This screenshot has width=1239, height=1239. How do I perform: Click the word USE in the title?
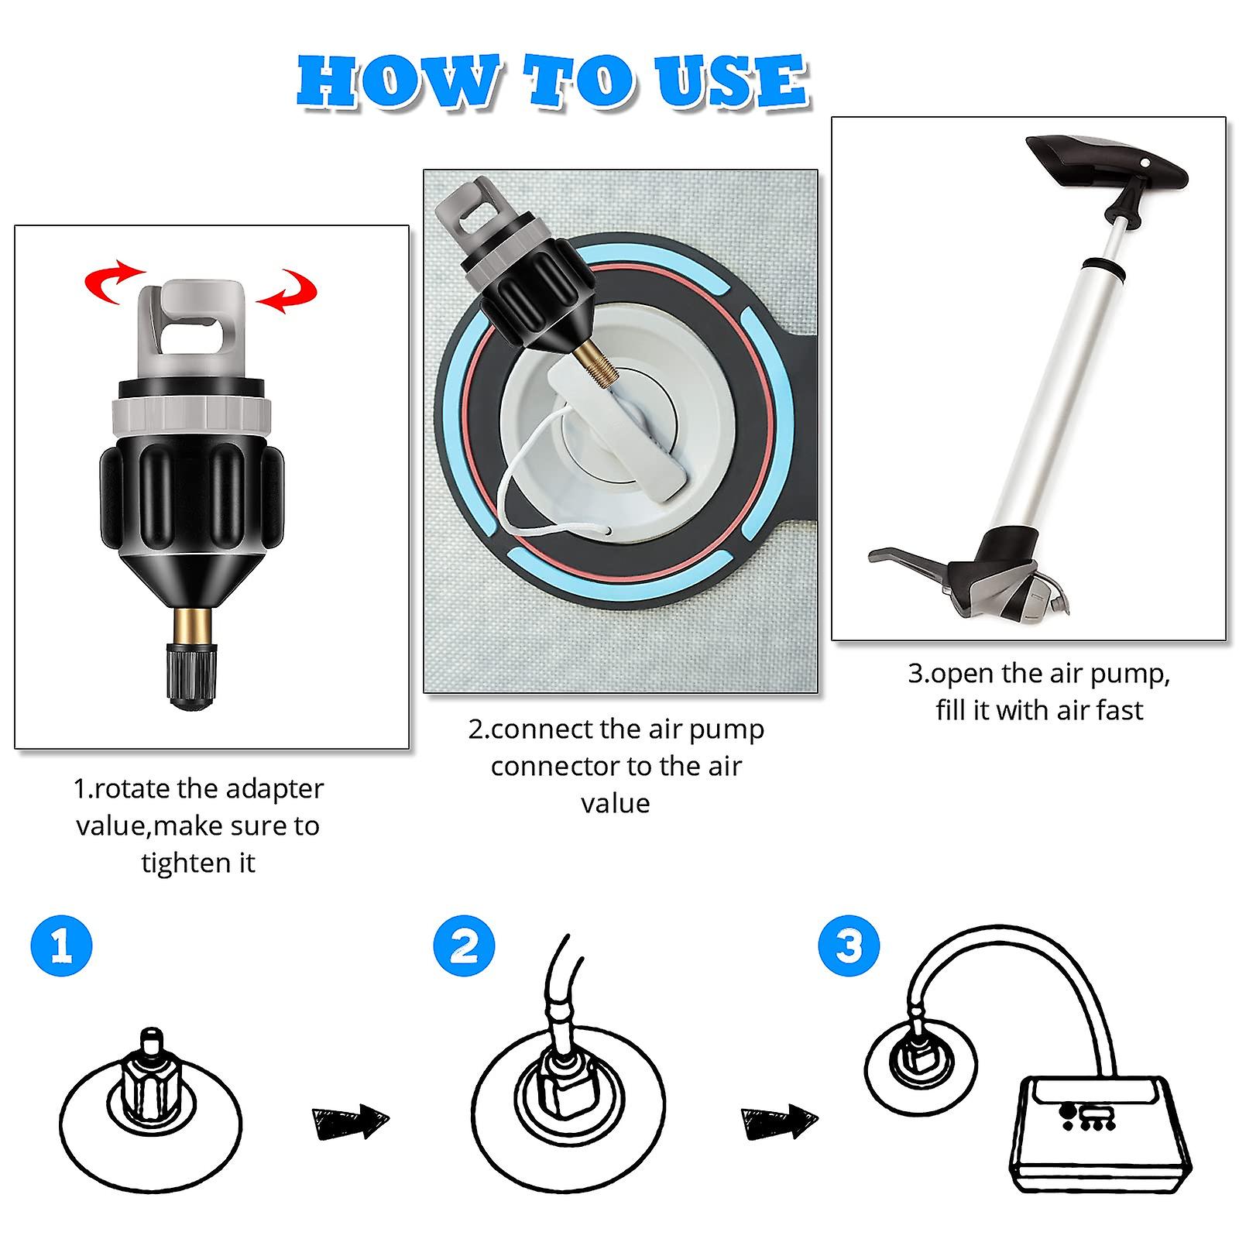(733, 81)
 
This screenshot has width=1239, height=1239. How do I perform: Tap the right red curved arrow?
(287, 290)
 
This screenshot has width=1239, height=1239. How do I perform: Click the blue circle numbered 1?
(61, 946)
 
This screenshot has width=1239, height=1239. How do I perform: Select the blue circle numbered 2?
(464, 946)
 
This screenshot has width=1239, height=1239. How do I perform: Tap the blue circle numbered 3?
(849, 946)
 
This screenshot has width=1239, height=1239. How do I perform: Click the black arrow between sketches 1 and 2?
(349, 1122)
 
